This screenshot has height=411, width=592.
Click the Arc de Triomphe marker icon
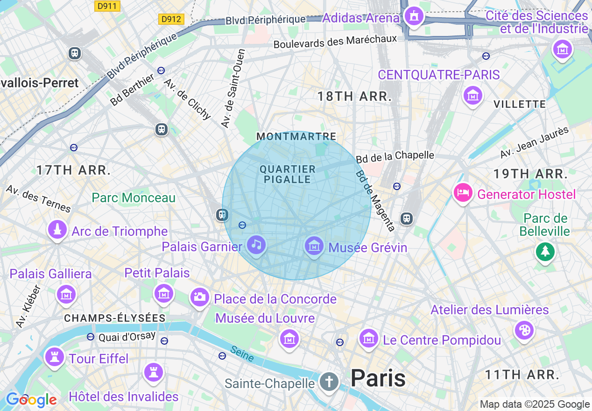tap(57, 230)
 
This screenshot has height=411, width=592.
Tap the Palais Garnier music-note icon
tap(256, 244)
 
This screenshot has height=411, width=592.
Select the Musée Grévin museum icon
tap(314, 246)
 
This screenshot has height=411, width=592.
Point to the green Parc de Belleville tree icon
tap(544, 252)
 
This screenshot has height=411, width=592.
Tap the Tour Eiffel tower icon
tap(55, 357)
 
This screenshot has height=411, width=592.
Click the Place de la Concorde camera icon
tap(199, 297)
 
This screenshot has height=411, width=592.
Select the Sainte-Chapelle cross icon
tap(329, 382)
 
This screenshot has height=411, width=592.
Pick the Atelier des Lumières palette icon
tap(523, 330)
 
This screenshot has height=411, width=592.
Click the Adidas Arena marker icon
tap(413, 16)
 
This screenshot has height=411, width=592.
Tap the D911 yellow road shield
tap(107, 6)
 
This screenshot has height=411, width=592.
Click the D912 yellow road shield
tap(171, 19)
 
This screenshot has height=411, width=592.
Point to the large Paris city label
tap(378, 378)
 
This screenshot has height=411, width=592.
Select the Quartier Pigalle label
tap(288, 174)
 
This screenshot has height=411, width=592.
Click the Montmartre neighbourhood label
tap(296, 136)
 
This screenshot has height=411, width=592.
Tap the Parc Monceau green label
tap(134, 198)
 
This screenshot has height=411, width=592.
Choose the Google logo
tap(31, 400)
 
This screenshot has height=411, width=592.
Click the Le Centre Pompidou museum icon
tap(368, 338)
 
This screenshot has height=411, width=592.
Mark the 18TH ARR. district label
tap(354, 97)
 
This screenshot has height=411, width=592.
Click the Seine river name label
tap(242, 354)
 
